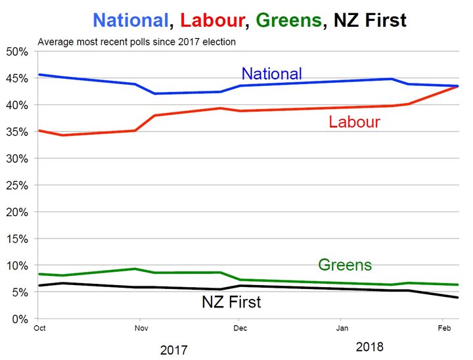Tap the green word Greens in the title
click(289, 20)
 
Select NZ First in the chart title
click(370, 20)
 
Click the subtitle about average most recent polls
click(137, 42)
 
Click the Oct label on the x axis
click(39, 326)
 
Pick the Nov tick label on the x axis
click(140, 326)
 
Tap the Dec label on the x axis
click(240, 326)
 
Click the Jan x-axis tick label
click(342, 326)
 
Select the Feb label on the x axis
click(444, 326)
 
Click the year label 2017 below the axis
click(174, 349)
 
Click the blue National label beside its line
click(271, 74)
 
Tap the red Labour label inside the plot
click(354, 122)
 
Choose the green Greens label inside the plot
click(345, 265)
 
